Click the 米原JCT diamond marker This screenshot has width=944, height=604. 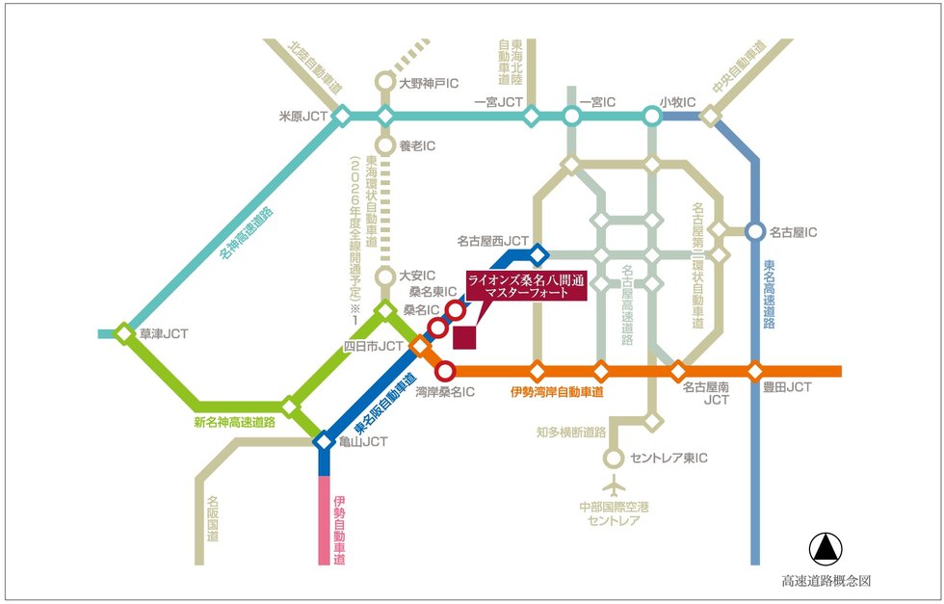342,116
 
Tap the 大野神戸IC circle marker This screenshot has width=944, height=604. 384,82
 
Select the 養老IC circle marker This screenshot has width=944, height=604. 384,145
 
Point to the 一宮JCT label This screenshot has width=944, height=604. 499,102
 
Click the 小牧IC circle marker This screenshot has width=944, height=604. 652,116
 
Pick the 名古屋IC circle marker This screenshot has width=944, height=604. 755,231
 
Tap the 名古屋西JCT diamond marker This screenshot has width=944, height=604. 538,254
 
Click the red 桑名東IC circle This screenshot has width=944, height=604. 456,310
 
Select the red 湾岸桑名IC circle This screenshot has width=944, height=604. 445,371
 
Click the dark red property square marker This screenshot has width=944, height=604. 464,337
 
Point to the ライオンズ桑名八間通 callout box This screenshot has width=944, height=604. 518,285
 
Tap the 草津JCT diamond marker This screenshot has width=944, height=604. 124,333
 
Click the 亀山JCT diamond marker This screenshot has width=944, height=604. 324,441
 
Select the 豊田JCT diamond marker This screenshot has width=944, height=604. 755,371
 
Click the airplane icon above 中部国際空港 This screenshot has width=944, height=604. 614,485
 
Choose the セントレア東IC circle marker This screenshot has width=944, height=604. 614,459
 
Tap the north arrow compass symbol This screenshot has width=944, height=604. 826,548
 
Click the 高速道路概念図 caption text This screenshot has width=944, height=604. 826,581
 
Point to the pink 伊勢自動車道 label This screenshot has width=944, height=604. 339,530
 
